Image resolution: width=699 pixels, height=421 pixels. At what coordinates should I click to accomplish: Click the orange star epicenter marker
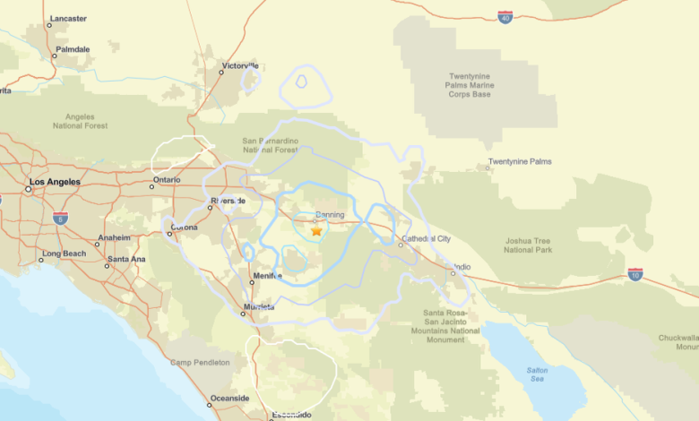(316, 231)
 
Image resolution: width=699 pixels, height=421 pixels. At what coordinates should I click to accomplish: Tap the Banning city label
(330, 215)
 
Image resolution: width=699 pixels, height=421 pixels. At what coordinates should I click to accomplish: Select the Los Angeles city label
(55, 182)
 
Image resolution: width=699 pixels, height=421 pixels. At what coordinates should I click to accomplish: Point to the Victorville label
(240, 65)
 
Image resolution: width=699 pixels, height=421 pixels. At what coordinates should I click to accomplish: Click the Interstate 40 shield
(505, 17)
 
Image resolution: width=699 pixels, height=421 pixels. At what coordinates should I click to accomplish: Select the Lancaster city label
(68, 18)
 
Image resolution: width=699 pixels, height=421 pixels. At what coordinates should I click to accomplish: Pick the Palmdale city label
(73, 49)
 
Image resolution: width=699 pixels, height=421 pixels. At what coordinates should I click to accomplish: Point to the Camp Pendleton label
(200, 363)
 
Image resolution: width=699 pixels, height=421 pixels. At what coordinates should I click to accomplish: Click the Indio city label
(462, 267)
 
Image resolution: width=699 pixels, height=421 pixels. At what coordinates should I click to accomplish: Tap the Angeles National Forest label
(86, 121)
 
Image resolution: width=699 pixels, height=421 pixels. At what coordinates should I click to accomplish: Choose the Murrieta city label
(259, 307)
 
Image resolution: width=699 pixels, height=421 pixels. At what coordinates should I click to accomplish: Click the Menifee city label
(268, 276)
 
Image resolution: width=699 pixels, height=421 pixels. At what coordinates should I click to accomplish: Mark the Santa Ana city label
(126, 260)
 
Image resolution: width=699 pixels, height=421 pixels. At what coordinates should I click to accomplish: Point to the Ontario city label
(166, 180)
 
